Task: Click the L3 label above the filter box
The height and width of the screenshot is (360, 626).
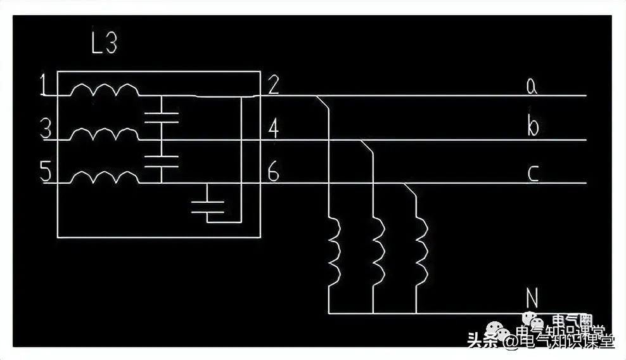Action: (104, 45)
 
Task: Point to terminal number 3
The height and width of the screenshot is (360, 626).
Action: (45, 131)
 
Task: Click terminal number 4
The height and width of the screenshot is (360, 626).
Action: (273, 129)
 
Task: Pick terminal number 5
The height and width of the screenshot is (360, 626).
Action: (45, 174)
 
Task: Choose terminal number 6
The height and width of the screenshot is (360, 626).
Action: (273, 173)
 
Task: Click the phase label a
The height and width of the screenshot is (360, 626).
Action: (532, 86)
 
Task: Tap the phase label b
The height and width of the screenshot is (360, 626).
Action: (532, 127)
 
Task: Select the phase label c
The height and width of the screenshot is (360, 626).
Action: (532, 172)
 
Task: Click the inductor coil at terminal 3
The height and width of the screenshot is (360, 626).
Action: (104, 134)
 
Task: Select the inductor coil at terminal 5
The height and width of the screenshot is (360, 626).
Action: (104, 177)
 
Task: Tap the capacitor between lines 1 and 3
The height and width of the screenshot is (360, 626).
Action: (162, 117)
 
